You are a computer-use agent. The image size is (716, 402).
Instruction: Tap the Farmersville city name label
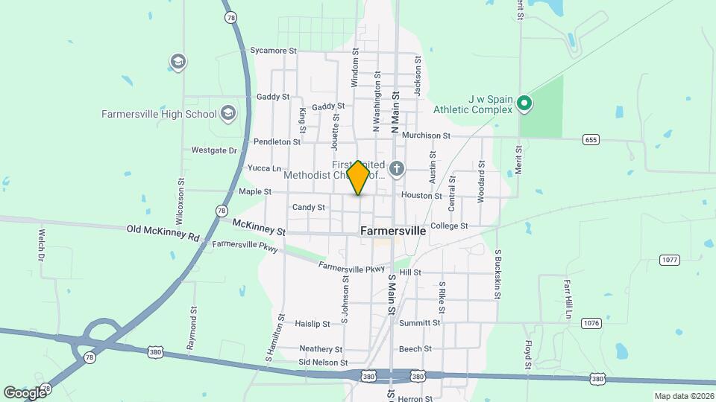pyautogui.click(x=393, y=231)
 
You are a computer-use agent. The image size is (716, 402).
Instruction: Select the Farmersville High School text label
pyautogui.click(x=159, y=114)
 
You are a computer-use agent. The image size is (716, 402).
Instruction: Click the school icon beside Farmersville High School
pyautogui.click(x=228, y=114)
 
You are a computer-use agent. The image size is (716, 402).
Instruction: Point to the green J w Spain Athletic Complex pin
pyautogui.click(x=524, y=103)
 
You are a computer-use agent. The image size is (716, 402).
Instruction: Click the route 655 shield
pyautogui.click(x=591, y=139)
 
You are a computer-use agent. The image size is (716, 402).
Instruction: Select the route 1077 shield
pyautogui.click(x=669, y=259)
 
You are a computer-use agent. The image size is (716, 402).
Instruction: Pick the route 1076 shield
pyautogui.click(x=591, y=323)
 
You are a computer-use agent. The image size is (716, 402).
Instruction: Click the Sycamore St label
pyautogui.click(x=274, y=51)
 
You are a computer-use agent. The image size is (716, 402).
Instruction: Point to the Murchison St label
pyautogui.click(x=426, y=135)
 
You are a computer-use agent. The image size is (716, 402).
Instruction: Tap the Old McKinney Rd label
pyautogui.click(x=163, y=233)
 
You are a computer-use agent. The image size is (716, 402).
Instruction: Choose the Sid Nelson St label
pyautogui.click(x=323, y=363)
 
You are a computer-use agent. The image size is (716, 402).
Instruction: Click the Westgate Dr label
pyautogui.click(x=213, y=150)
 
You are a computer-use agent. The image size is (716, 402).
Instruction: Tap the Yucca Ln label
pyautogui.click(x=264, y=168)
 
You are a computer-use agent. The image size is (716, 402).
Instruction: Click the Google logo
pyautogui.click(x=25, y=392)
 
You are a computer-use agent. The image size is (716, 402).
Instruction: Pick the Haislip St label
pyautogui.click(x=312, y=324)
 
